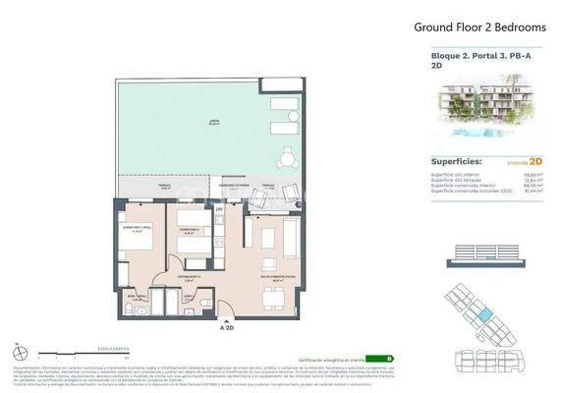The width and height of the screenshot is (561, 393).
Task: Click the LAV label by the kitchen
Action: point(220,209)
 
